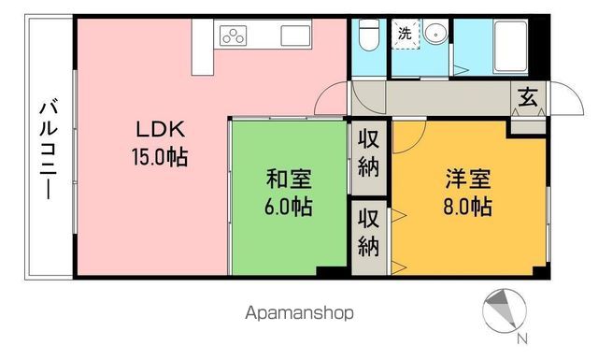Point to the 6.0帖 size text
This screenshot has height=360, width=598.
(x=289, y=206)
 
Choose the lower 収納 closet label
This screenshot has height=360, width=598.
(x=369, y=235)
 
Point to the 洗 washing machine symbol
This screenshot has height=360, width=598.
(x=405, y=33)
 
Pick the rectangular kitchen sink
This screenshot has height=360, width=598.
(x=296, y=36)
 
